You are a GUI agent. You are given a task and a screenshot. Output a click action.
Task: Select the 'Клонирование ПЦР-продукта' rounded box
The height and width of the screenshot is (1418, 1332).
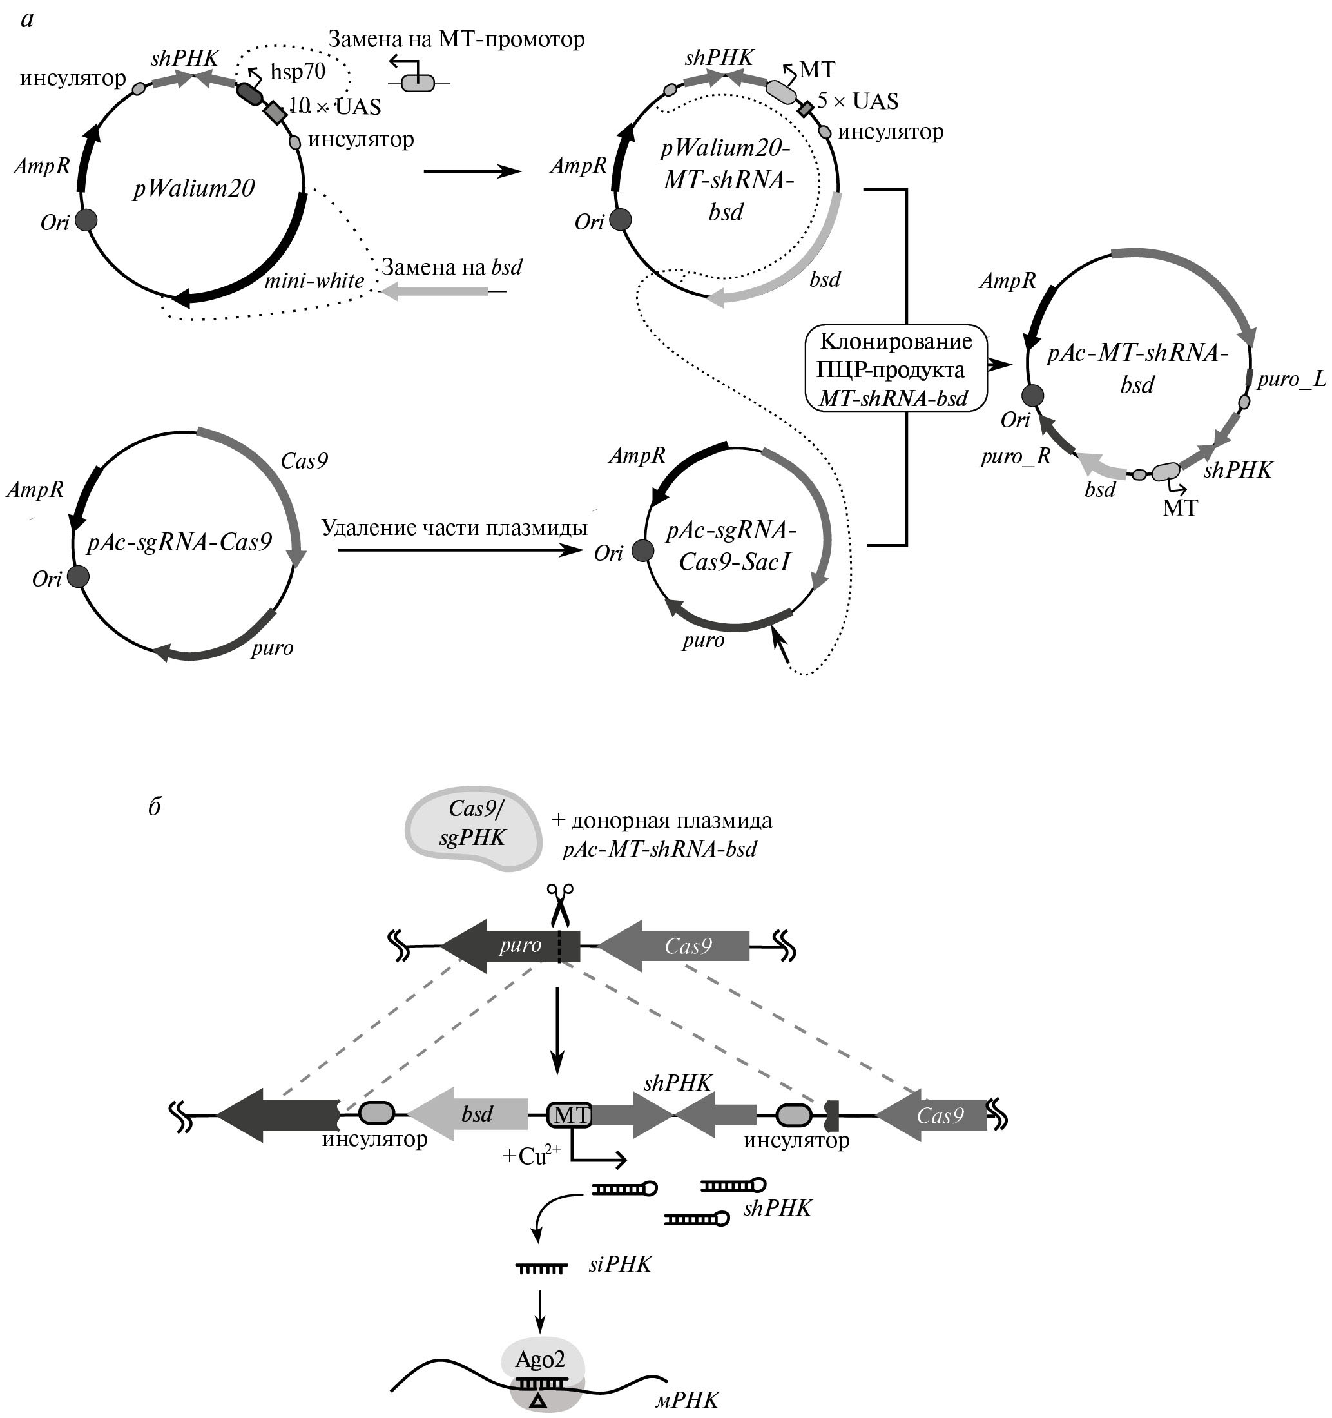pos(896,369)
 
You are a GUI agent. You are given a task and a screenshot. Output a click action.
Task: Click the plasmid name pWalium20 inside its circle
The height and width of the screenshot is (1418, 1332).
pos(194,188)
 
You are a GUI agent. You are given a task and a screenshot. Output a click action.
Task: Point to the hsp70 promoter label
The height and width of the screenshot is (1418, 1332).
pos(297,72)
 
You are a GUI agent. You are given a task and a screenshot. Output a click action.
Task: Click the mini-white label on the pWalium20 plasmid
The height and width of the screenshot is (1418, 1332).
pos(314,281)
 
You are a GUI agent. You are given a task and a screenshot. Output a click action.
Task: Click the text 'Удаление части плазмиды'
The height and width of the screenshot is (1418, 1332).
pos(454,528)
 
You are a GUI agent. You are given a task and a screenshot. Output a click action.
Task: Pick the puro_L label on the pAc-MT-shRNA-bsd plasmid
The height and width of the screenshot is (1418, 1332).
pos(1291,379)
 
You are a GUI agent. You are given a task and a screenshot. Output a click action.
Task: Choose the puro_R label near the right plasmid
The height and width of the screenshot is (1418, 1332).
pos(1016,456)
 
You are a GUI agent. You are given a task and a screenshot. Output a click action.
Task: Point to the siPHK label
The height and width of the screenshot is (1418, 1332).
pos(620,1265)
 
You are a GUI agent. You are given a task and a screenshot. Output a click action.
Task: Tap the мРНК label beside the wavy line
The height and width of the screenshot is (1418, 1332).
pos(687,1399)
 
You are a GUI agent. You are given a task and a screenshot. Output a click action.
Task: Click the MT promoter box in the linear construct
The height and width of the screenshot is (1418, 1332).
pos(569,1115)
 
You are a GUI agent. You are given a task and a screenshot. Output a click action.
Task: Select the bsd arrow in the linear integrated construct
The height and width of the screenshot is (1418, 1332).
pos(469,1114)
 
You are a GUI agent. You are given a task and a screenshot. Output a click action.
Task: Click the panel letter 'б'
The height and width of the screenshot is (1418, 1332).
pos(154,806)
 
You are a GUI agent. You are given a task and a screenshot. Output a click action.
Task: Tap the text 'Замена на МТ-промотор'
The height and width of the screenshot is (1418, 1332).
pos(456,39)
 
